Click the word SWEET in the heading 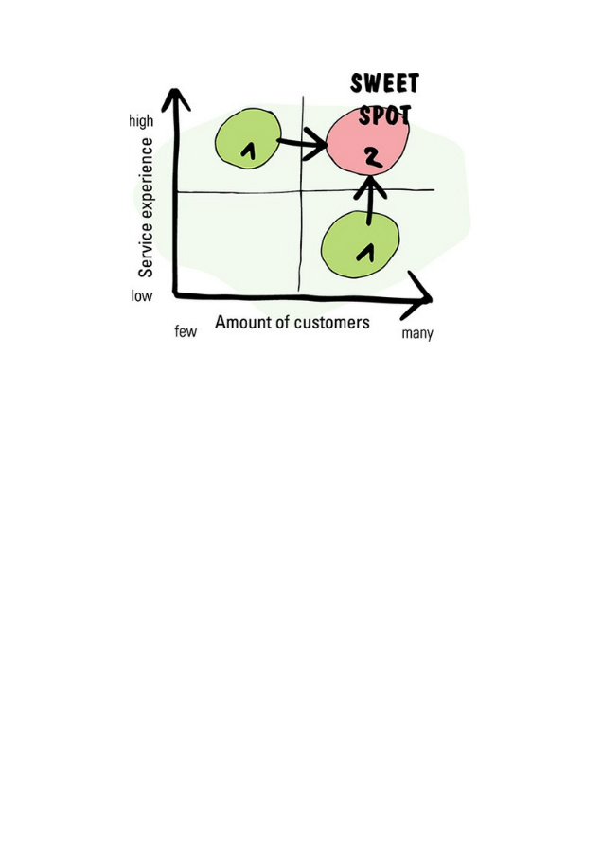click(x=384, y=83)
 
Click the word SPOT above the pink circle click(x=384, y=116)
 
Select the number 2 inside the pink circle click(x=373, y=158)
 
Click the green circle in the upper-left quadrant click(x=248, y=138)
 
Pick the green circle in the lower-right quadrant click(x=360, y=245)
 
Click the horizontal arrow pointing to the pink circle click(x=302, y=146)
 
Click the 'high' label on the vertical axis click(x=141, y=122)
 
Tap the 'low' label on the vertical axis click(x=141, y=296)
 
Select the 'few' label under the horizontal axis click(x=186, y=332)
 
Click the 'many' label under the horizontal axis click(x=417, y=334)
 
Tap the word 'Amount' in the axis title click(x=240, y=323)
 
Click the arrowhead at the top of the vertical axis click(x=174, y=98)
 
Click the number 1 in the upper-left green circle click(x=250, y=150)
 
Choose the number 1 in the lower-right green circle click(x=364, y=252)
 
